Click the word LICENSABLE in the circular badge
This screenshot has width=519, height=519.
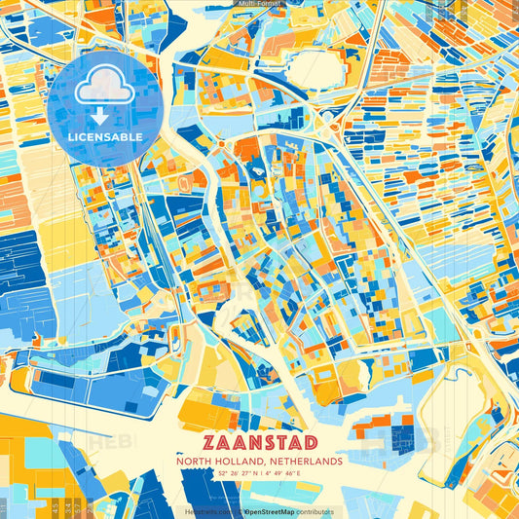tap(104, 137)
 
